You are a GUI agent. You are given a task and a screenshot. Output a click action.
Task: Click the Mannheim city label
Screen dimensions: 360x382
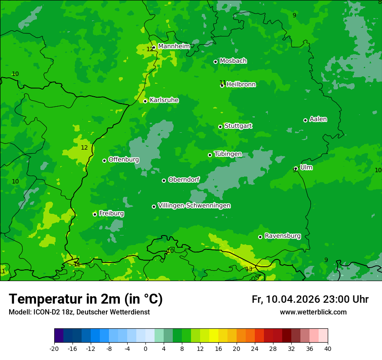[174, 46]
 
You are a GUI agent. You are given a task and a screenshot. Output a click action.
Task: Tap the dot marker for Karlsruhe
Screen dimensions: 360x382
[145, 101]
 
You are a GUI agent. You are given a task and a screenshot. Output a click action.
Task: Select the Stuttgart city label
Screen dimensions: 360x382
[238, 126]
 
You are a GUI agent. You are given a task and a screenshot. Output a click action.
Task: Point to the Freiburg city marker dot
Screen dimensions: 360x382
[95, 214]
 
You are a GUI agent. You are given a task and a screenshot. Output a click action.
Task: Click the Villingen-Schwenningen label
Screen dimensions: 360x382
[194, 206]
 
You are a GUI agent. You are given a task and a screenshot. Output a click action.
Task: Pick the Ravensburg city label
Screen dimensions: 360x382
[283, 236]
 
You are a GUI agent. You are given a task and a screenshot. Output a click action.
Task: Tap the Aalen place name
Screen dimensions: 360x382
[318, 119]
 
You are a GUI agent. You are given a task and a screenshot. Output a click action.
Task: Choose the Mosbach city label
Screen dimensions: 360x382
[233, 61]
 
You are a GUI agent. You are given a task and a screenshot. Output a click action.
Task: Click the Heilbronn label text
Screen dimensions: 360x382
[241, 85]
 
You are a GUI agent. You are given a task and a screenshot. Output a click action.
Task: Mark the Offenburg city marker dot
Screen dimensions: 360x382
[104, 160]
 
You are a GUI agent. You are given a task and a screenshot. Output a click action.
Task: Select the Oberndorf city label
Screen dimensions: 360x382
[184, 180]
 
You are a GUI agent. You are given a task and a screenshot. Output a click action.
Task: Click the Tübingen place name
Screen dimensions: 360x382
[228, 154]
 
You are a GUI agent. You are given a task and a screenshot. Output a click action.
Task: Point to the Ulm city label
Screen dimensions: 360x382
[306, 167]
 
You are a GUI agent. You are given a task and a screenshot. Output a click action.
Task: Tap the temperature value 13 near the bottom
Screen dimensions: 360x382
[249, 269]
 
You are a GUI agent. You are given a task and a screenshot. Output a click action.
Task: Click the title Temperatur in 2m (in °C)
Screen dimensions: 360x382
[86, 299]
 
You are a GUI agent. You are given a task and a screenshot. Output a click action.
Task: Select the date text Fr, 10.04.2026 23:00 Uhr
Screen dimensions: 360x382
[310, 299]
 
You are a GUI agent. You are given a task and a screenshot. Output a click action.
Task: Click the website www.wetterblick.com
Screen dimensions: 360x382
[313, 312]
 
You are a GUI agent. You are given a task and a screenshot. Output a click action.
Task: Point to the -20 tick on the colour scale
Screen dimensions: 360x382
[54, 349]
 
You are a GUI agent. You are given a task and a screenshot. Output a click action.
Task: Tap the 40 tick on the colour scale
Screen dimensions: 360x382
[328, 349]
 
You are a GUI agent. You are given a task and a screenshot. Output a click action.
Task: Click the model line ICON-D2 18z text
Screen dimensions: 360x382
[51, 312]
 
